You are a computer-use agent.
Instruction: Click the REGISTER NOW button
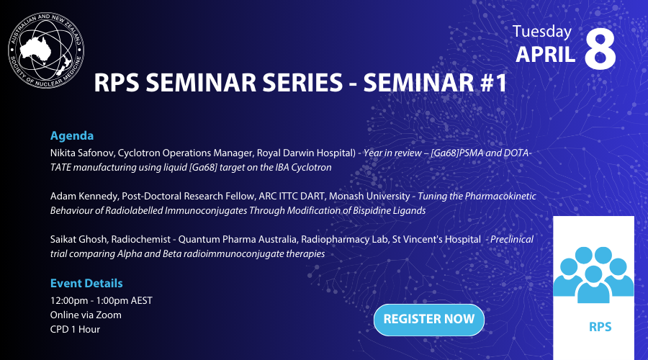click(428, 319)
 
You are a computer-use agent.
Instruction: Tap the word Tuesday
click(542, 31)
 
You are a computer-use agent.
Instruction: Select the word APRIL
click(546, 54)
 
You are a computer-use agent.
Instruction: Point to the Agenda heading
click(72, 135)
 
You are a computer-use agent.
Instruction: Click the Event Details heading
click(86, 283)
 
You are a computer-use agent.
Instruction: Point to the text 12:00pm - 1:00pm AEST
click(101, 300)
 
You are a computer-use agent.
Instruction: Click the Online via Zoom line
click(86, 315)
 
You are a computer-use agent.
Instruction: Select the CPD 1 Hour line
click(75, 329)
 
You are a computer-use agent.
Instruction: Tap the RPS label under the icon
click(599, 327)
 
